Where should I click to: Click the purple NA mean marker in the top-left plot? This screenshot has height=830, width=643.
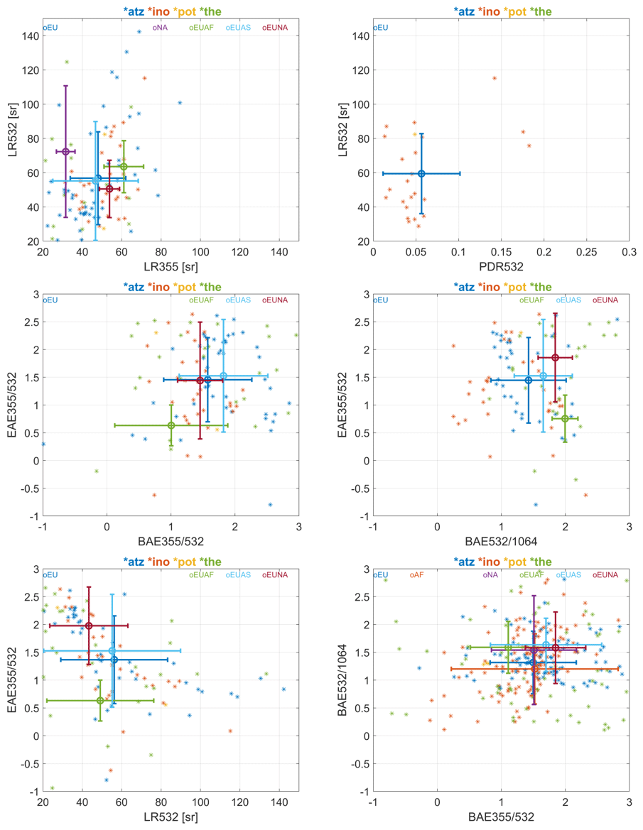click(x=65, y=151)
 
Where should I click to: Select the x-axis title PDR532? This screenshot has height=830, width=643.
click(x=501, y=267)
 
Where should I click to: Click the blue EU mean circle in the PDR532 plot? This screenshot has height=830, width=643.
click(x=421, y=173)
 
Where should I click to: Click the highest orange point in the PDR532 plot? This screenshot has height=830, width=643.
click(x=495, y=78)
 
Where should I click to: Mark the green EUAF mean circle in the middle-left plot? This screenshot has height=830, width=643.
click(x=171, y=425)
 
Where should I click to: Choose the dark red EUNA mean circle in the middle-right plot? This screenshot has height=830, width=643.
click(x=555, y=358)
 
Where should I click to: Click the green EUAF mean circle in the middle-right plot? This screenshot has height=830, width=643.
click(x=565, y=419)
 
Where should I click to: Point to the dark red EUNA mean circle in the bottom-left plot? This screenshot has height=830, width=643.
click(x=89, y=626)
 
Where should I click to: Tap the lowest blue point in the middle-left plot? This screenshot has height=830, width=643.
click(x=270, y=505)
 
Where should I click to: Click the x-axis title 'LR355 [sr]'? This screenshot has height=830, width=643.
click(x=171, y=267)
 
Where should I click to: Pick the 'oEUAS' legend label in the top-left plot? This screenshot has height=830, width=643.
click(x=239, y=28)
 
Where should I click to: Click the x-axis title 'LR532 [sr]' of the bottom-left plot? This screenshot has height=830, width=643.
click(x=171, y=817)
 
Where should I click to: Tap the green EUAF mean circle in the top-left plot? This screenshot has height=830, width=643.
click(x=124, y=167)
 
